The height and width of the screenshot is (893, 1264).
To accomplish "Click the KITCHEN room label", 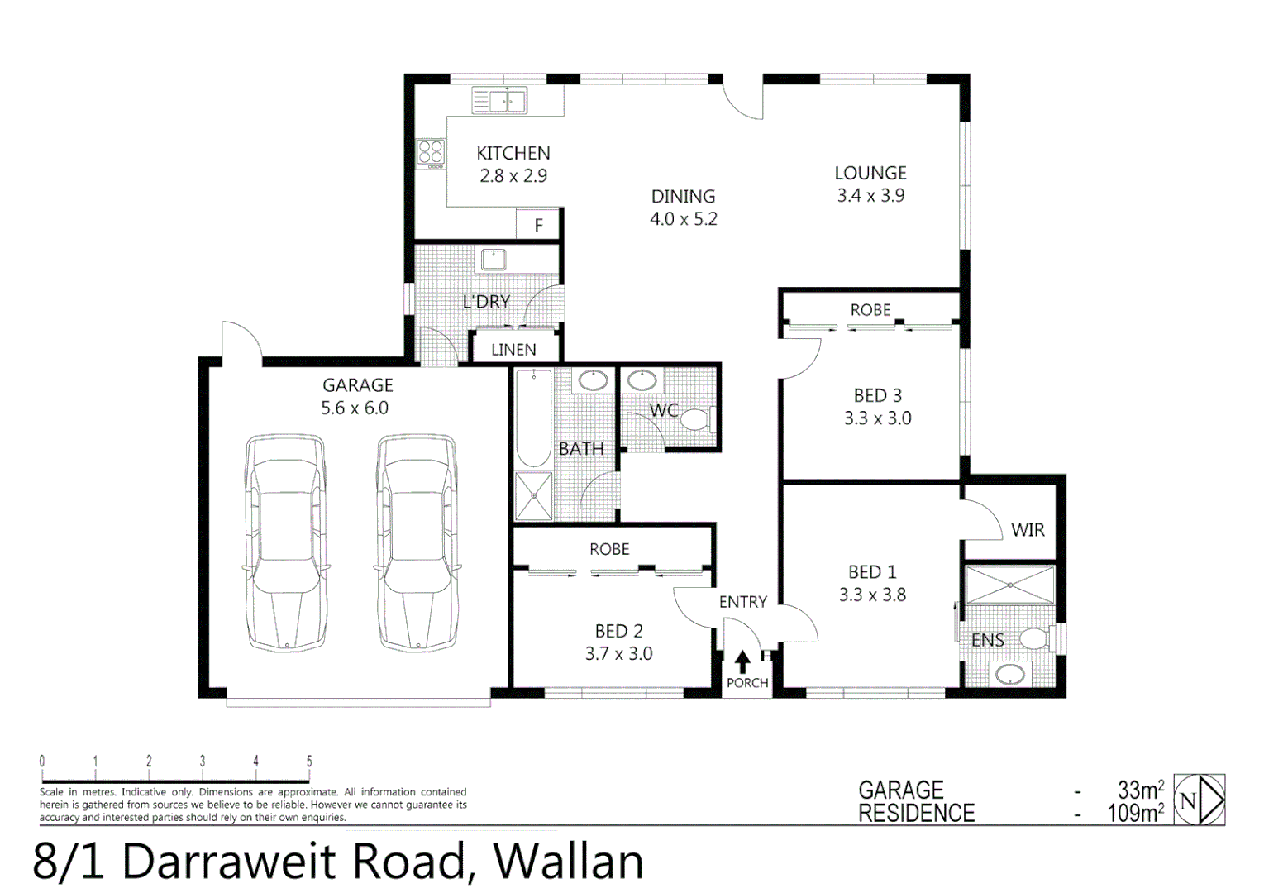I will [x=513, y=153].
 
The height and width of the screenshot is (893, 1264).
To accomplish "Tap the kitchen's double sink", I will [x=499, y=101].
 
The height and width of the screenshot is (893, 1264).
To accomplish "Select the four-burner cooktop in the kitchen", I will [x=431, y=153].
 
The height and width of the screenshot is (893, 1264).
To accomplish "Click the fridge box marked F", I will [x=538, y=225].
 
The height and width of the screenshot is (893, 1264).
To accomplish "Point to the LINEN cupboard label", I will [x=513, y=350].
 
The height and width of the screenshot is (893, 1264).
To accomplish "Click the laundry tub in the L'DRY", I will [x=494, y=259].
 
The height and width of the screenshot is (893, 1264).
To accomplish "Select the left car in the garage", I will [x=285, y=542].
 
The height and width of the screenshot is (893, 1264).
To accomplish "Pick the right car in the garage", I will [x=417, y=542].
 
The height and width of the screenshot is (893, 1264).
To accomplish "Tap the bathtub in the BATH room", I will [x=533, y=418].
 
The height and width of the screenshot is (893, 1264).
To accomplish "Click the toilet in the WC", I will [x=696, y=420].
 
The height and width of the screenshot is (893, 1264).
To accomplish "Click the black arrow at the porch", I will [x=742, y=661].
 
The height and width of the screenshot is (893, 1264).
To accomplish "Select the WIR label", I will [x=1028, y=530].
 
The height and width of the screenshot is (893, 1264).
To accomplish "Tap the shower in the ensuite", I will [x=1010, y=585].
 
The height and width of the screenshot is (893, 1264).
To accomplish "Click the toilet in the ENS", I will [x=1035, y=638].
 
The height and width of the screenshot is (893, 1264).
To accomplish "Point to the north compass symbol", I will [x=1200, y=800].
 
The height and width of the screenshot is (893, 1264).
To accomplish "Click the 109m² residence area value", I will [x=1135, y=814].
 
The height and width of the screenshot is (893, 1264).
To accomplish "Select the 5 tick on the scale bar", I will [x=309, y=762].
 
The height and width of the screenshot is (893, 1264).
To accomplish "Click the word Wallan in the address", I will [x=568, y=861].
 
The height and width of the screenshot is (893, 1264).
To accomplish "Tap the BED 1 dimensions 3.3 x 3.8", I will [x=872, y=595].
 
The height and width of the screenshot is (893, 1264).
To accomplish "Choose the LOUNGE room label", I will [x=870, y=173].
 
